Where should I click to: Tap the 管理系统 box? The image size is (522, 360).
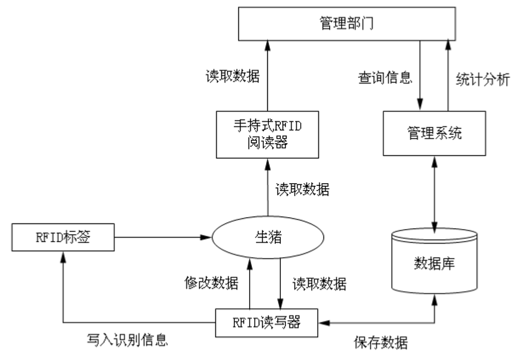click(x=434, y=134)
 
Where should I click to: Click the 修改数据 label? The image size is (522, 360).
click(x=212, y=282)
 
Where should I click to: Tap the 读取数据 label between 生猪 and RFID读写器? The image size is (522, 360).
click(x=319, y=282)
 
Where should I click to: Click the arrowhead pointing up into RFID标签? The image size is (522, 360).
click(x=63, y=256)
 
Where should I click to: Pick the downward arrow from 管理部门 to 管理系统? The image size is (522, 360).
click(x=420, y=74)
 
